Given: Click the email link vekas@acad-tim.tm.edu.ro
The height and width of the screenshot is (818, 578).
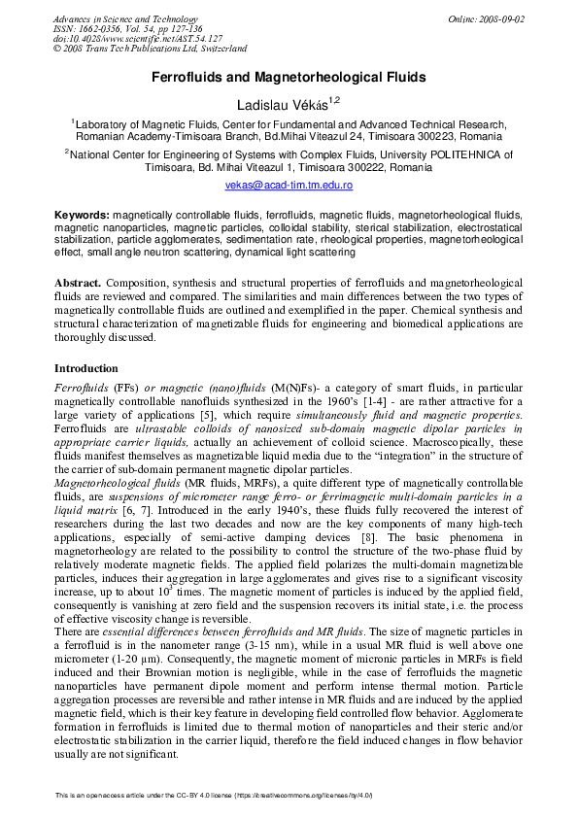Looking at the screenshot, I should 289,184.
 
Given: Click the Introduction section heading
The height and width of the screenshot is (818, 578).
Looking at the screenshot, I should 85,368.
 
